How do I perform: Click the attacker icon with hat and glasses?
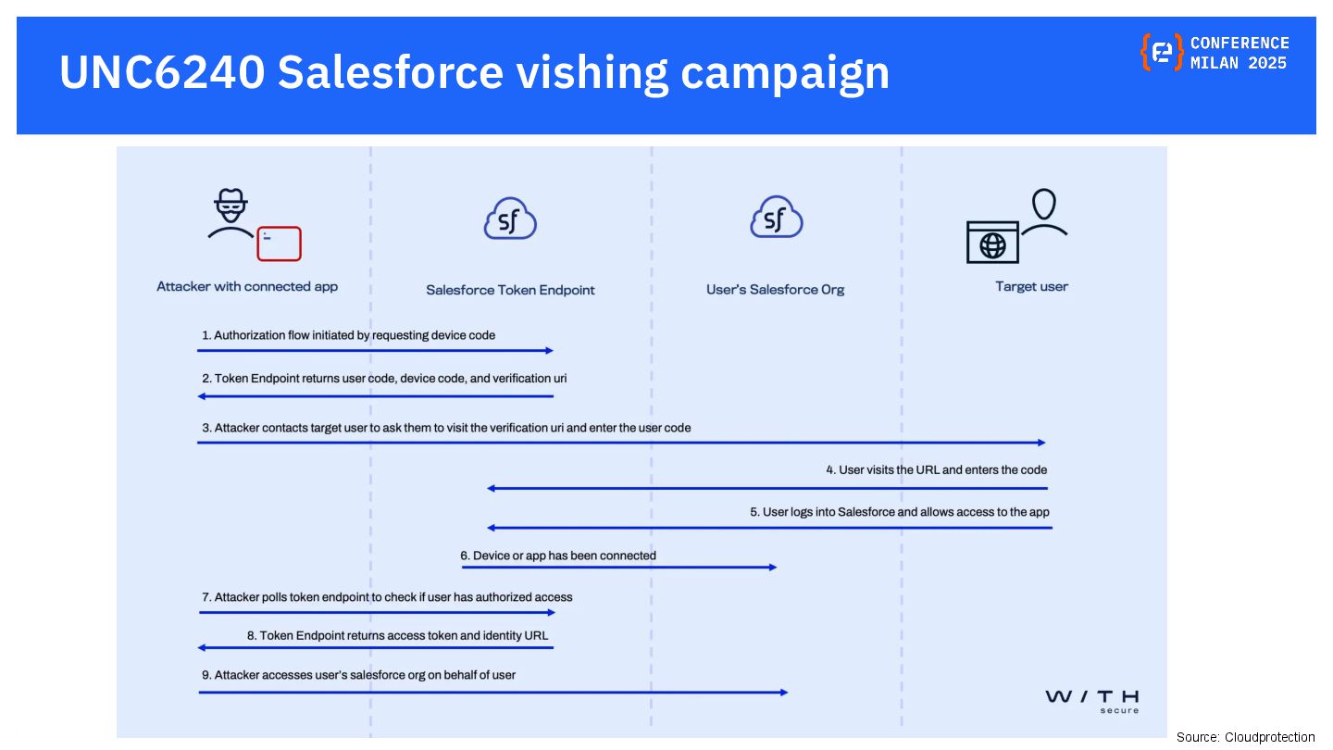click(230, 214)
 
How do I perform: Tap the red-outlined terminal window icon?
click(279, 244)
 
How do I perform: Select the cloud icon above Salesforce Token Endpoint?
click(510, 219)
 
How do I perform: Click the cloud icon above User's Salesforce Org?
click(776, 219)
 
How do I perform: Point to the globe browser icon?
click(992, 243)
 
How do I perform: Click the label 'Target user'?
click(1031, 287)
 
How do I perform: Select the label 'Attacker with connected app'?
click(247, 287)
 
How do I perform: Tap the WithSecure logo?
click(1092, 700)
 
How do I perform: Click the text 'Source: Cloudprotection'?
click(1245, 737)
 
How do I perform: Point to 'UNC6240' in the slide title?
click(161, 72)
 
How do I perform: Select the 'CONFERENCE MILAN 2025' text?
click(1240, 53)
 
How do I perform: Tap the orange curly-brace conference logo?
click(1162, 52)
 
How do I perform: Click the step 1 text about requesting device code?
click(349, 335)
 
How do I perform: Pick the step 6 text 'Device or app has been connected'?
click(558, 556)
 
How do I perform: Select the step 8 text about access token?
click(398, 636)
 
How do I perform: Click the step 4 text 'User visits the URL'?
click(936, 470)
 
